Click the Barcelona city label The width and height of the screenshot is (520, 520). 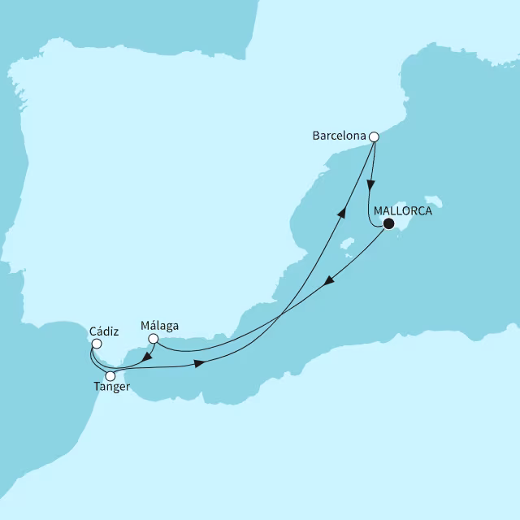pos(339,137)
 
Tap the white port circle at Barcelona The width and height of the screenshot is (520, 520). pos(374,137)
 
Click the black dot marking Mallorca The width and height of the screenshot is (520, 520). pos(388,224)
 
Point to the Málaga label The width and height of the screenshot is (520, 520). pos(159,327)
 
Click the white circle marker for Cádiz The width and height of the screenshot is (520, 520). pos(97,344)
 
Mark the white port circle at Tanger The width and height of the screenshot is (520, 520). pos(110,376)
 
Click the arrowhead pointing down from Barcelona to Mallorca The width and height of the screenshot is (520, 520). pos(373,182)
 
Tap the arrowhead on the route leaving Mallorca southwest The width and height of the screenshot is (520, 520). pos(328,282)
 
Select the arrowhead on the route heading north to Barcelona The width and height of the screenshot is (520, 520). pos(342,211)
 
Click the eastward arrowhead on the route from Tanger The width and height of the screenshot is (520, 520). pos(198,366)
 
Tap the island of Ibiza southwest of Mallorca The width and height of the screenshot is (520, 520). pos(348,244)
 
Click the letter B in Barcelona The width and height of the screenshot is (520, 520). pos(316,137)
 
